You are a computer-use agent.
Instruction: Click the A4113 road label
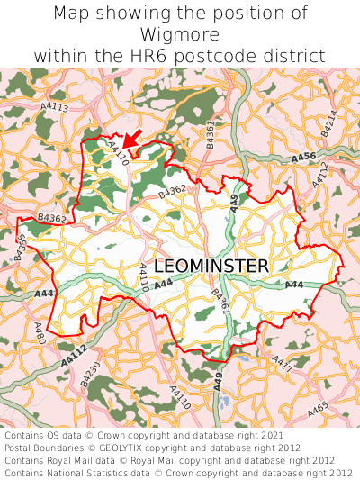click(54, 108)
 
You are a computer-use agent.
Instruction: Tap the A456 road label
click(303, 158)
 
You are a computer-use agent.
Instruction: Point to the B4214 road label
click(329, 122)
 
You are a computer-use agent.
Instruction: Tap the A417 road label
click(282, 364)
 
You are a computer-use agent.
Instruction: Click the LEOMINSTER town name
click(211, 267)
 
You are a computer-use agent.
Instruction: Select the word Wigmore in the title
click(180, 34)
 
